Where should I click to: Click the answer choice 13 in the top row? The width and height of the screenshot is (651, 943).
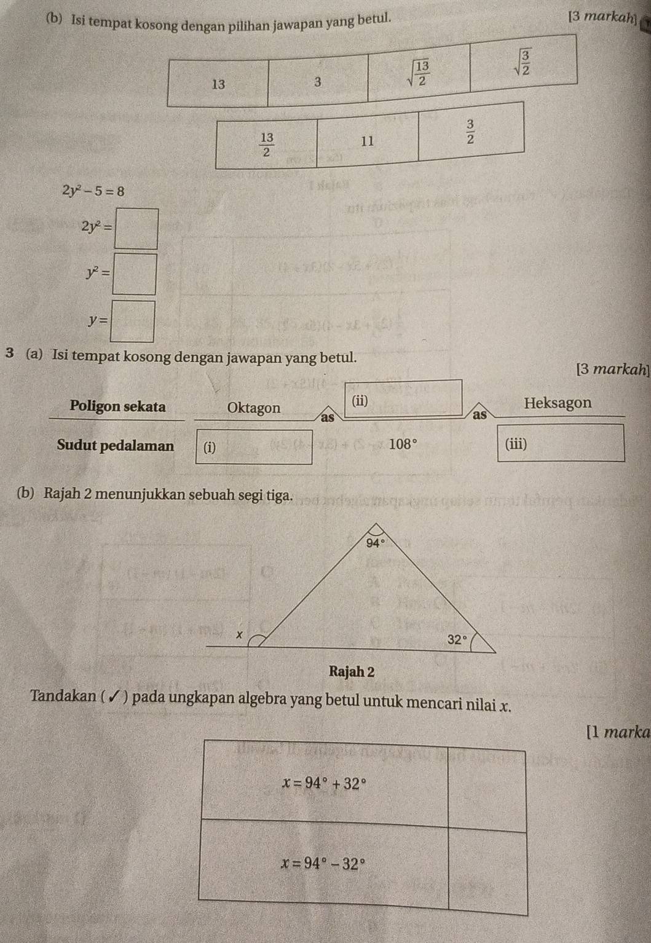click(x=218, y=84)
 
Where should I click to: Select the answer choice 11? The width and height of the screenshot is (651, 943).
click(x=367, y=141)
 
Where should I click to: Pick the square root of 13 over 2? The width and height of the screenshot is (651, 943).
click(x=417, y=73)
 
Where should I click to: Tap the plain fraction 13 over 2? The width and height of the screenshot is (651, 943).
click(x=266, y=144)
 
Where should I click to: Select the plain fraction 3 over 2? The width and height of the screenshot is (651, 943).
click(x=470, y=132)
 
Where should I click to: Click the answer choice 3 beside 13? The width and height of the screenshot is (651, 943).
click(x=317, y=82)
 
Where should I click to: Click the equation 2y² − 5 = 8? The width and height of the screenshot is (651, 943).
click(x=93, y=191)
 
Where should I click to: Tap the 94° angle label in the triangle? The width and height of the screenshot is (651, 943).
click(x=375, y=543)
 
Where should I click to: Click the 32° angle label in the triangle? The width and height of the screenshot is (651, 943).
click(x=457, y=639)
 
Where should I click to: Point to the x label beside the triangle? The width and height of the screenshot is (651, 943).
click(x=240, y=633)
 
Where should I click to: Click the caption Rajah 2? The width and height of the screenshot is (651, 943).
click(x=352, y=671)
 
